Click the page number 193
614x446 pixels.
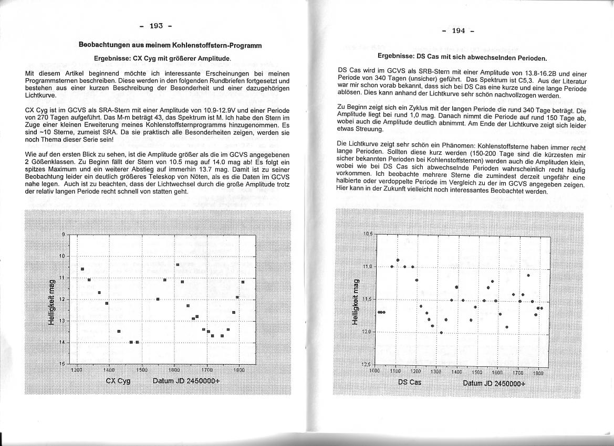pyautogui.click(x=157, y=25)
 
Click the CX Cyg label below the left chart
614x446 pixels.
pyautogui.click(x=118, y=380)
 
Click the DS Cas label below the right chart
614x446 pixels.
pyautogui.click(x=410, y=382)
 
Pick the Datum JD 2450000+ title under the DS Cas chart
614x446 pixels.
pyautogui.click(x=494, y=383)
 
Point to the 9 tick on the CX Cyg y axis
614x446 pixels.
pyautogui.click(x=64, y=234)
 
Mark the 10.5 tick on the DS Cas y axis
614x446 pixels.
pyautogui.click(x=367, y=233)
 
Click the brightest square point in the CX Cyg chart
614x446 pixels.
pyautogui.click(x=178, y=264)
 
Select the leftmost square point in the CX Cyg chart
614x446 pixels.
pyautogui.click(x=82, y=269)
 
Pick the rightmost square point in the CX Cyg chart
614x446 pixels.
pyautogui.click(x=243, y=282)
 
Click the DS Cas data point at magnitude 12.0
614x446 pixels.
pyautogui.click(x=442, y=332)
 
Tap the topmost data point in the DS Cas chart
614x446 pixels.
pyautogui.click(x=398, y=260)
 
